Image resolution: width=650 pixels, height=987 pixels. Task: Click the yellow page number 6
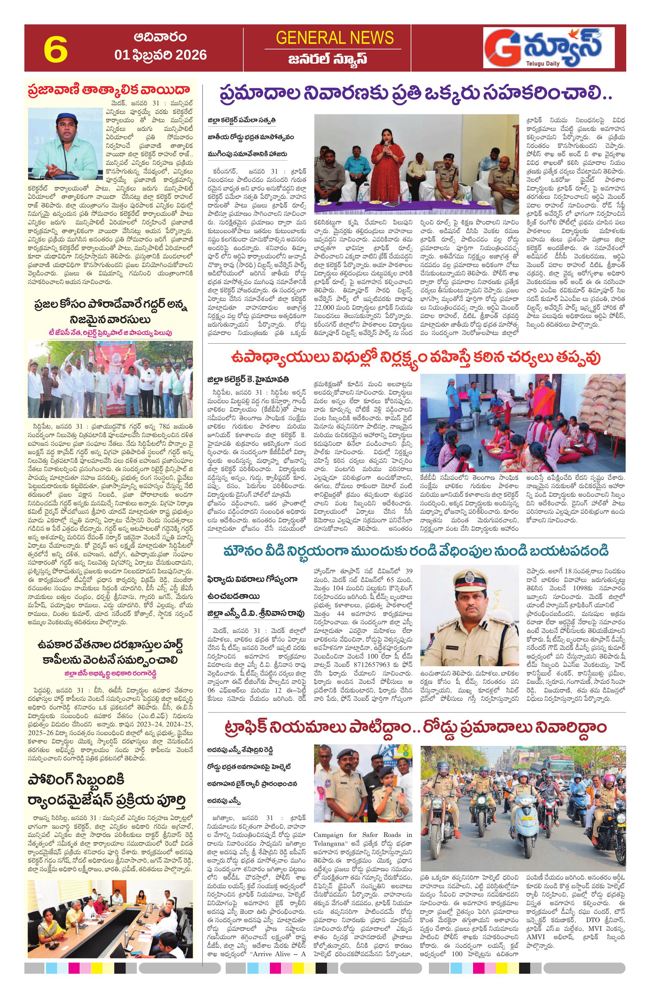point(56,48)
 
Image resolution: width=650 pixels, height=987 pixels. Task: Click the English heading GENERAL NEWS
point(334,38)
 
